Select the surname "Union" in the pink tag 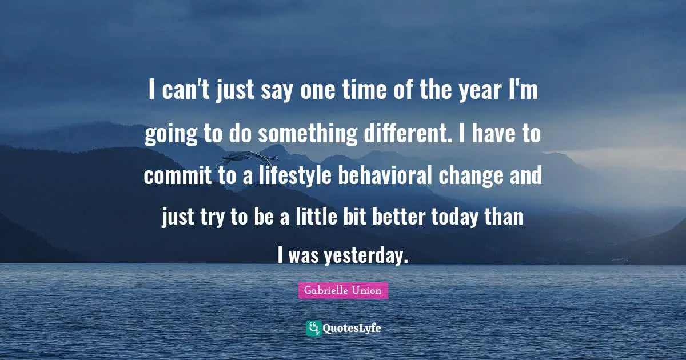click(x=368, y=291)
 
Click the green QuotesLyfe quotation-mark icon click(x=314, y=329)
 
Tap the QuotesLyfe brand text click(x=352, y=329)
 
